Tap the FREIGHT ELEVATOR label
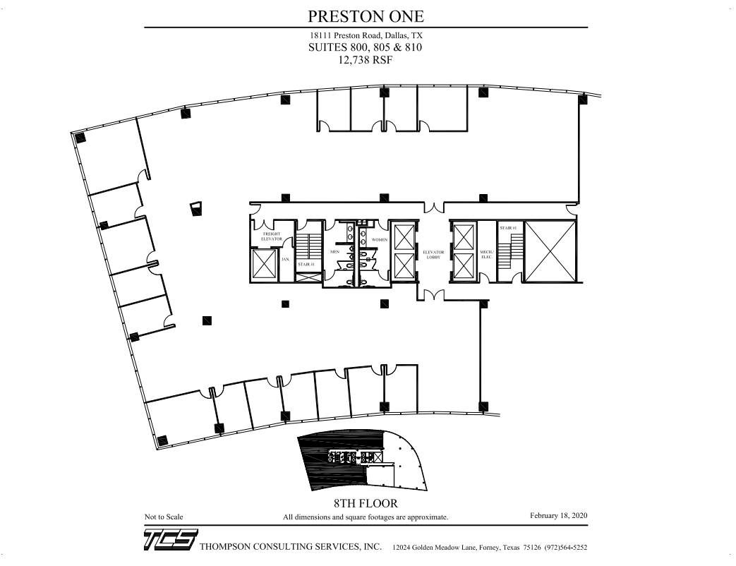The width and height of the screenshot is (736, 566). point(272,236)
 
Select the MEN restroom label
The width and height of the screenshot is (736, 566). point(335,251)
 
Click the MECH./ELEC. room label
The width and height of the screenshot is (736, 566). point(485,254)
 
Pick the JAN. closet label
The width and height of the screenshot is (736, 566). point(286,259)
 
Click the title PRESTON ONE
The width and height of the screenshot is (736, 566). point(366,16)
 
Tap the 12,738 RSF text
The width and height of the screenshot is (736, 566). point(366,61)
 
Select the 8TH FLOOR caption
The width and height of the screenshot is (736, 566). point(366,504)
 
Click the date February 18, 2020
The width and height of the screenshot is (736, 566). point(558,517)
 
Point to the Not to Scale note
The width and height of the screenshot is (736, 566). point(164,517)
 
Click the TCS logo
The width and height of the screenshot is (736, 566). point(170,541)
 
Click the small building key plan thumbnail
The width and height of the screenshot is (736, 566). point(363,462)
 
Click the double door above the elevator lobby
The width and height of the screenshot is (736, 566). point(433,207)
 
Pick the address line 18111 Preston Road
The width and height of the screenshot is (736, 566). point(366,35)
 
